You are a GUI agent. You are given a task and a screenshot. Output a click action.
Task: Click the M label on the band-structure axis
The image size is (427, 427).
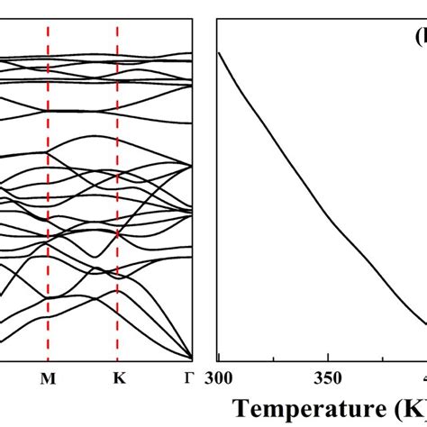click(x=49, y=378)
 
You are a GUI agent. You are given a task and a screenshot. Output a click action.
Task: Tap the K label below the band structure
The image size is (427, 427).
click(x=118, y=378)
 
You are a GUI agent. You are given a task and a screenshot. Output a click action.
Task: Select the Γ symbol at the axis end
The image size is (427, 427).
click(x=189, y=378)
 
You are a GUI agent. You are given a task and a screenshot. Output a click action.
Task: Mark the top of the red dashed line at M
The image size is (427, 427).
click(x=49, y=23)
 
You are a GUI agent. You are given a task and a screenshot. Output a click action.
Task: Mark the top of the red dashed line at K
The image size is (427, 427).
click(x=118, y=23)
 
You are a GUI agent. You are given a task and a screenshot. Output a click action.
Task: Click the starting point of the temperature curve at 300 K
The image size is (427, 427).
click(x=219, y=52)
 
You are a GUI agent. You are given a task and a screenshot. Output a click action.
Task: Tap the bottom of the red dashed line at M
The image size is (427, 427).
click(x=49, y=359)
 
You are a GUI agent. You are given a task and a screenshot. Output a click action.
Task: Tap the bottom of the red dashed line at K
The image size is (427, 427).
click(x=118, y=359)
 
